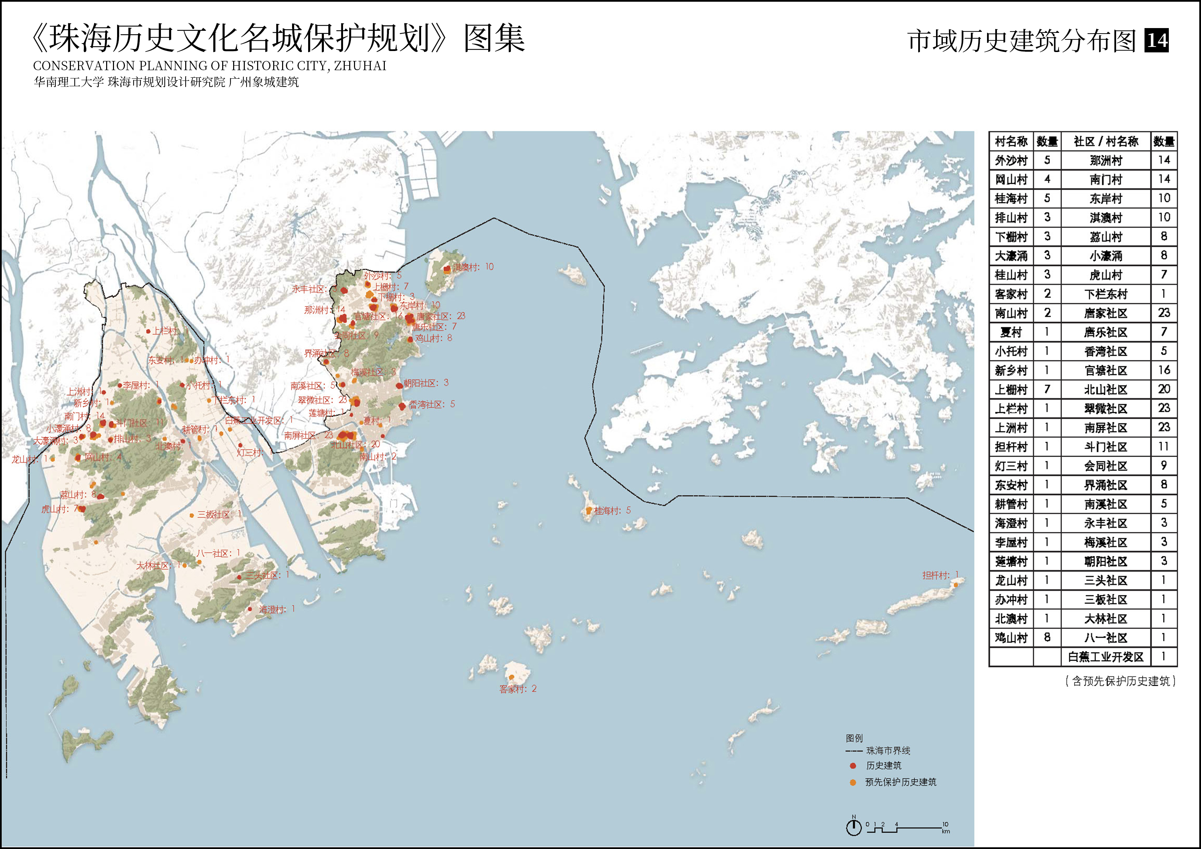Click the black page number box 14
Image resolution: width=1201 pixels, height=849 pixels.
[1156, 40]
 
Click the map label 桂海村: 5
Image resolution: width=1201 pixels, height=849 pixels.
[612, 510]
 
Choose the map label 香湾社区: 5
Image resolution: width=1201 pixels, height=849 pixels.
[431, 404]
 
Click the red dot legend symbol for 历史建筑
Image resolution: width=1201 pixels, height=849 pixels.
[852, 766]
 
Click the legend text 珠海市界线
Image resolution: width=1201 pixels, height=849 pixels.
[888, 751]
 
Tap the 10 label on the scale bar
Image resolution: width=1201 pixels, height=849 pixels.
[945, 824]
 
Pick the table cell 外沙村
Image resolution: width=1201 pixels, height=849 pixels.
[1011, 161]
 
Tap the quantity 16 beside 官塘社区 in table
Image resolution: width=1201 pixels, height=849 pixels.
[1164, 370]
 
